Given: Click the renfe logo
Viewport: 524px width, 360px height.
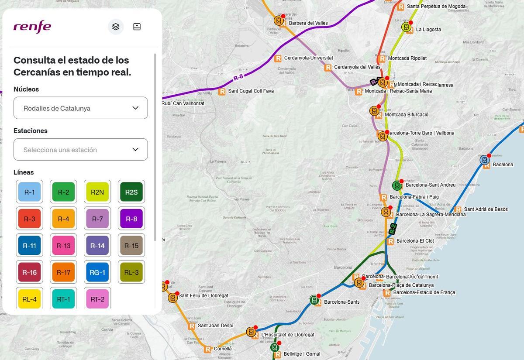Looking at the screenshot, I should (x=32, y=27).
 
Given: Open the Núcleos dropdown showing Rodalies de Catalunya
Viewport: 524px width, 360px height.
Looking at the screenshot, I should (x=81, y=108).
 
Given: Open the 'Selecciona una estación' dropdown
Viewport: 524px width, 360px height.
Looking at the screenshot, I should (x=81, y=150).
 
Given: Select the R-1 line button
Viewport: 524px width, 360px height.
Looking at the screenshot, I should (x=29, y=192).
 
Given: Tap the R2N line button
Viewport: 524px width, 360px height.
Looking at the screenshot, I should (x=97, y=192).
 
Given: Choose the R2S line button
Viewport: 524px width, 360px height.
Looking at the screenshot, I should (x=131, y=192).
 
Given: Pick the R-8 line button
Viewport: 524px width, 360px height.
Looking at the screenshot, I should (x=131, y=219).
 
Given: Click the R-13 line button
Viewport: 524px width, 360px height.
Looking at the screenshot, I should (x=63, y=246).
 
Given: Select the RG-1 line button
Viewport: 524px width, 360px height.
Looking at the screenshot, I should (x=97, y=273).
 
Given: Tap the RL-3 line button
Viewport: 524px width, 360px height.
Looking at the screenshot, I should (x=131, y=273).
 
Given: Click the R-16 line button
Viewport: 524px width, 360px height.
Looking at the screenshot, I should (x=29, y=273).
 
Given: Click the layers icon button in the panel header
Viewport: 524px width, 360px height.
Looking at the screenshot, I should (x=116, y=27).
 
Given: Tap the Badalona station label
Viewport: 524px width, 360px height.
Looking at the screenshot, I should (x=503, y=165).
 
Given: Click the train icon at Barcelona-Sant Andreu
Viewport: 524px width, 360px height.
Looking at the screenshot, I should (x=396, y=185).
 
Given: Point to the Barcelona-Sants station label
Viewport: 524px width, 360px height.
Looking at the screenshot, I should (x=341, y=302).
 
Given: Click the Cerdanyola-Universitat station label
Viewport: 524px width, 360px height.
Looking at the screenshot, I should (x=308, y=58).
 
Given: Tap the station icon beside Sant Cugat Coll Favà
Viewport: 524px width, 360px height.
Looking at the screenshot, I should (x=222, y=91).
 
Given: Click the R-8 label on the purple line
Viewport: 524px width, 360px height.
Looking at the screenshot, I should (x=238, y=78).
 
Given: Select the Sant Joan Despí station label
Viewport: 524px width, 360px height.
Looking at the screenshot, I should (x=215, y=326).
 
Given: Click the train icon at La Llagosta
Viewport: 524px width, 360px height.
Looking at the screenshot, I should (x=406, y=27).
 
